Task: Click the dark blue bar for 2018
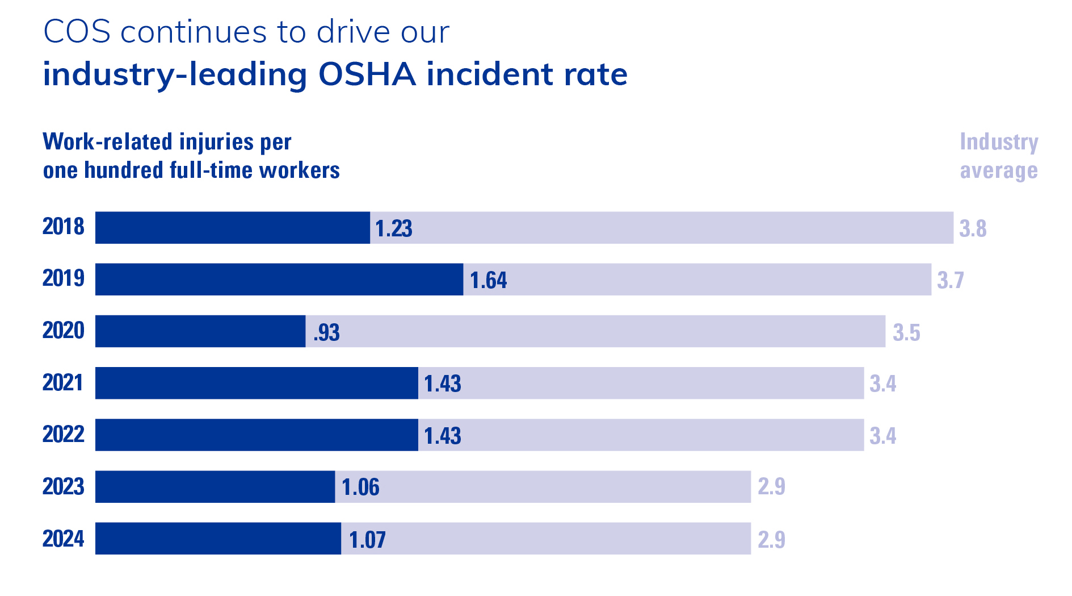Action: tap(233, 228)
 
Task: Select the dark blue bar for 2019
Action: tap(279, 280)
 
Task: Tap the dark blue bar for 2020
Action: tap(200, 331)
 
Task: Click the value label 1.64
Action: tap(488, 280)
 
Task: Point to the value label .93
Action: tap(326, 332)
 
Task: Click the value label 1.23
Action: tap(393, 228)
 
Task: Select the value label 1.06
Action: tap(360, 487)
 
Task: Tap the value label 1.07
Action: tap(367, 540)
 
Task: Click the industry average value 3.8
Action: tap(973, 228)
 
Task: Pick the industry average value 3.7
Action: tap(950, 280)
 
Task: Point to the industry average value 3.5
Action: tap(906, 332)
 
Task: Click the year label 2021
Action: tap(63, 382)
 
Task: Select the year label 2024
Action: tap(63, 539)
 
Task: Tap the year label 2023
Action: tap(63, 486)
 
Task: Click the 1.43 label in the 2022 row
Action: tap(443, 436)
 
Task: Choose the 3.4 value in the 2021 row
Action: tap(882, 384)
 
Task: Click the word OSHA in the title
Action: tap(367, 74)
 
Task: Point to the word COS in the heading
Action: tap(77, 32)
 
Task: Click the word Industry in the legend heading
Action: tap(999, 141)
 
